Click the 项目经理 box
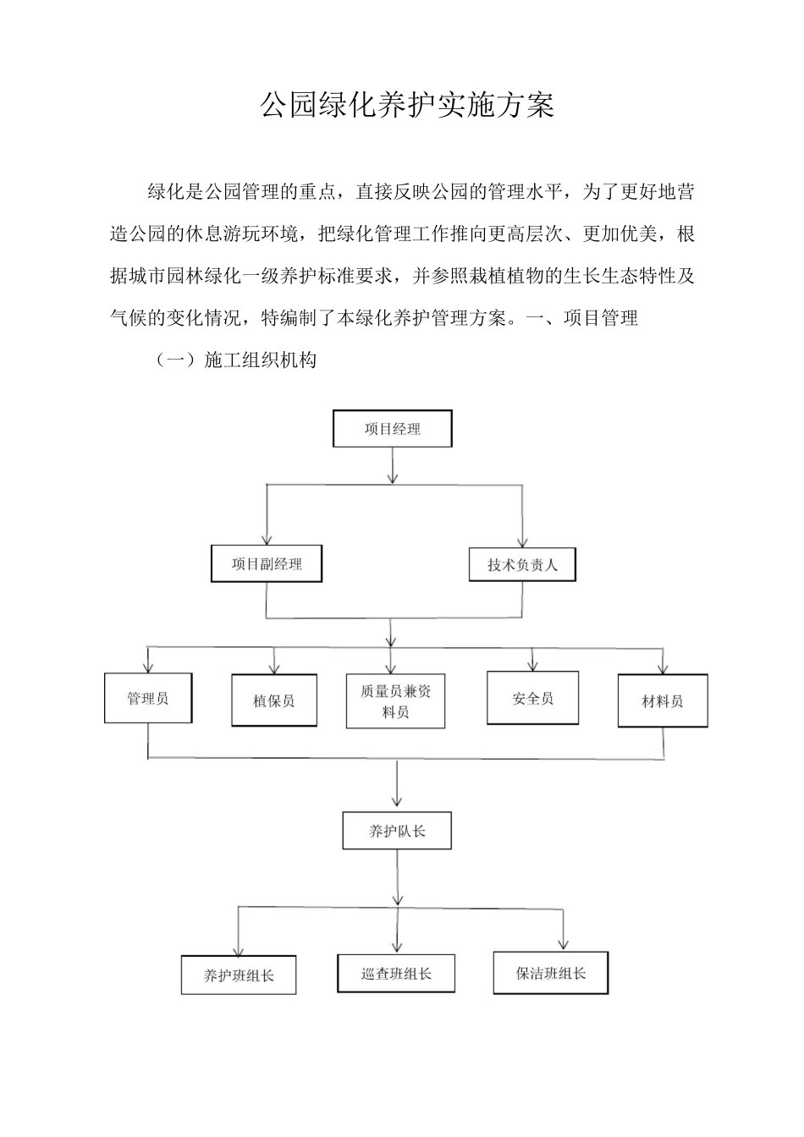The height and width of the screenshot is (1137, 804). coord(393,429)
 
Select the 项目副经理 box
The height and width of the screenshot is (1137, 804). coord(267,563)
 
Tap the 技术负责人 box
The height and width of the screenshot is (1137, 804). coord(522,564)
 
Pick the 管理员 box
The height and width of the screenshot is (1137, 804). coord(148,698)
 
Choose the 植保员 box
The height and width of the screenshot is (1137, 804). coord(274,700)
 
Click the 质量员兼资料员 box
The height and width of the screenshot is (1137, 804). coord(395,701)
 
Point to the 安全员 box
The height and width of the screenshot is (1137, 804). coord(532,698)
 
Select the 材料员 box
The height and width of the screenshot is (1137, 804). coord(663,700)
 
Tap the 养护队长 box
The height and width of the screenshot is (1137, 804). coord(397,831)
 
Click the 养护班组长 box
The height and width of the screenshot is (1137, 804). coord(239,975)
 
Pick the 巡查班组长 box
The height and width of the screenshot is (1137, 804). coord(396,973)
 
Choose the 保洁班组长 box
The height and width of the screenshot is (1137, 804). coord(551,973)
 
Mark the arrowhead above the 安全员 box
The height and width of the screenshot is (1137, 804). coord(532,664)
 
